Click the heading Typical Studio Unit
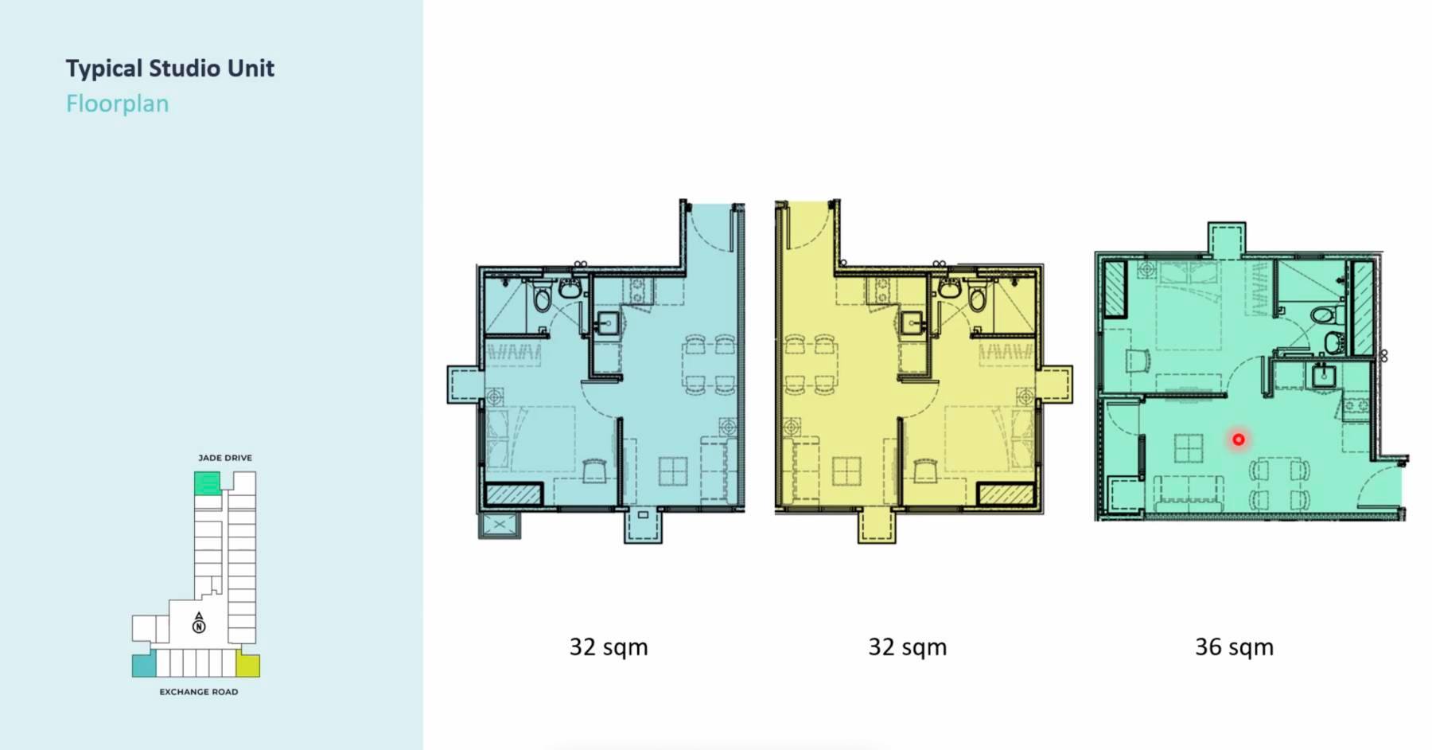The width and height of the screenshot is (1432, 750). [x=169, y=69]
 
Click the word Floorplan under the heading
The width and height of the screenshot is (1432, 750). [x=117, y=104]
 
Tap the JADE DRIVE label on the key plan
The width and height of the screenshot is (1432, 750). [x=225, y=458]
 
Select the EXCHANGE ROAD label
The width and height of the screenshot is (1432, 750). [x=199, y=692]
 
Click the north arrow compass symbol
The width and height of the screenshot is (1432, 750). [x=199, y=622]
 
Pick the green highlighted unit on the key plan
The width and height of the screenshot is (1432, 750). [x=207, y=482]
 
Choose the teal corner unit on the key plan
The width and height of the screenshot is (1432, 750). [x=144, y=664]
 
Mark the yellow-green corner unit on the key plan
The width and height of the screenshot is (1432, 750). [x=248, y=665]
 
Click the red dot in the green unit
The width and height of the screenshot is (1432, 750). [x=1239, y=439]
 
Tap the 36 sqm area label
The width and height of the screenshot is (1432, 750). [x=1234, y=647]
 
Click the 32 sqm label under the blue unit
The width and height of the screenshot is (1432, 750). [x=609, y=647]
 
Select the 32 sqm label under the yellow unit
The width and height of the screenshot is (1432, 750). [x=907, y=647]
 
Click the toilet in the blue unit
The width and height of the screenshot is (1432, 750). [x=543, y=297]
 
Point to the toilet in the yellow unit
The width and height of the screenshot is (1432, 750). [x=977, y=297]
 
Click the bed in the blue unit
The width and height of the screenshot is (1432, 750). [x=531, y=438]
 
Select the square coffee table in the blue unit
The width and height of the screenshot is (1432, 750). [x=673, y=471]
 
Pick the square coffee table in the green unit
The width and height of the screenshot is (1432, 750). [x=1189, y=448]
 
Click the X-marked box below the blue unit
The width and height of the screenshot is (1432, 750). [x=500, y=525]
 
